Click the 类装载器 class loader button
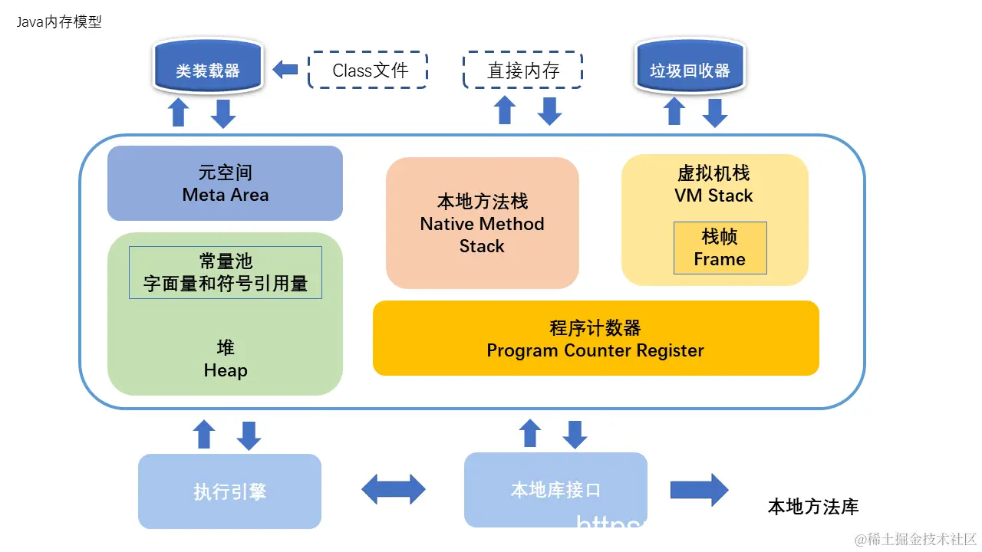207,71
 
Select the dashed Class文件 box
367,71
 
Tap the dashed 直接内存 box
523,71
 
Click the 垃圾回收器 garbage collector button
690,71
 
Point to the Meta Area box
225,184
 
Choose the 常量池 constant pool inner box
225,272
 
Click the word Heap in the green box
226,371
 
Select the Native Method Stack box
482,223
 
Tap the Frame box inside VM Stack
720,248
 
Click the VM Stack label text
713,195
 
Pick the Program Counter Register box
595,338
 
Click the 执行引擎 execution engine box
229,491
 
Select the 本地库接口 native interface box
555,490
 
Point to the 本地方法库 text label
813,507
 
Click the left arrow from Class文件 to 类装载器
285,70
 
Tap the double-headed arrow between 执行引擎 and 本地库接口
394,489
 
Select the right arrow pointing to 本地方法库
699,490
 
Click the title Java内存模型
59,22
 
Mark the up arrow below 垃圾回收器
674,112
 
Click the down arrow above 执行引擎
249,435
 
